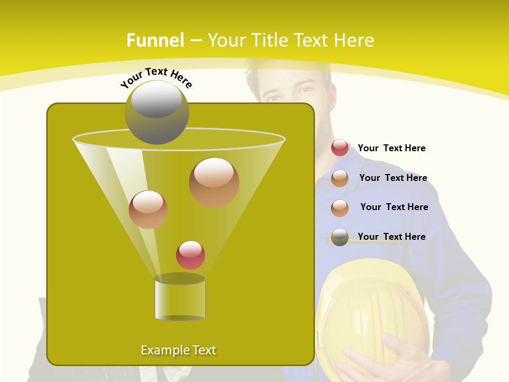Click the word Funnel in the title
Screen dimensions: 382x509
tap(155, 40)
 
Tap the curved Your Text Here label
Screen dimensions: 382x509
tap(156, 77)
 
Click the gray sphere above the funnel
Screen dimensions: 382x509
tap(156, 112)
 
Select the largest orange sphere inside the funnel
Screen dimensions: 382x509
tap(214, 182)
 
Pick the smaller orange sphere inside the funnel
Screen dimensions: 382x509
tap(148, 209)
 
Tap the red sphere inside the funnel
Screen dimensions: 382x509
tap(190, 255)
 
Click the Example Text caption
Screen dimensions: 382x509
tap(178, 350)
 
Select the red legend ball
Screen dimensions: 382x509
tap(340, 148)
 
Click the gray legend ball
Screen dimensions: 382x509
tap(340, 237)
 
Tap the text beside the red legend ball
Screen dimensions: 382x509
tap(391, 148)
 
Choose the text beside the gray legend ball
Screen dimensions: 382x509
tap(391, 237)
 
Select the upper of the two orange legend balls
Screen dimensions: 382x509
tap(340, 178)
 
